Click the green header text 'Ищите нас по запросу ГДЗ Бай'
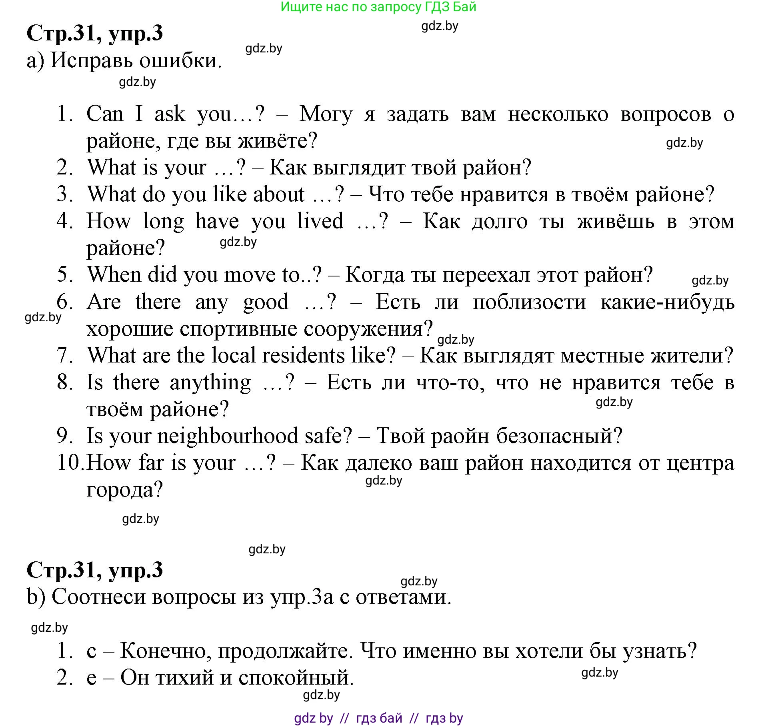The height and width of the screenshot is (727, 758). point(378,7)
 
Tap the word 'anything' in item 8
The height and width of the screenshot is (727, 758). point(210,383)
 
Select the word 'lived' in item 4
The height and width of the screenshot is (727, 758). point(320,221)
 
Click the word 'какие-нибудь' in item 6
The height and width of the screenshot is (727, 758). point(667,302)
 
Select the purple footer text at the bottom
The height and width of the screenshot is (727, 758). point(378,719)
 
